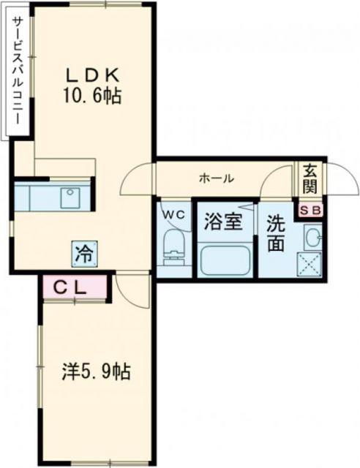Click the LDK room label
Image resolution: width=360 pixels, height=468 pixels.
point(93,75)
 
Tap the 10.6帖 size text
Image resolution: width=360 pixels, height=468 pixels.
point(91,96)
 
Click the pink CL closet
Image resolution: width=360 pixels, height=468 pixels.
point(75,286)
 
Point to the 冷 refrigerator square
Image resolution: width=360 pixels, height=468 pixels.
point(84,254)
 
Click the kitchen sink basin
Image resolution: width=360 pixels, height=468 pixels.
point(70,198)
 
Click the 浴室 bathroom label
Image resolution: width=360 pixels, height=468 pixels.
point(223,222)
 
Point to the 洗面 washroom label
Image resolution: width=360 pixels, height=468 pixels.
point(276,236)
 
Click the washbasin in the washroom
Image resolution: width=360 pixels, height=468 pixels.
point(312,237)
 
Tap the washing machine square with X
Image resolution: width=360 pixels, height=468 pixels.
point(310,265)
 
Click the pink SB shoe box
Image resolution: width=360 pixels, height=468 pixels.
point(311,211)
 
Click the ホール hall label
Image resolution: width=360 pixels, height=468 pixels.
point(217,178)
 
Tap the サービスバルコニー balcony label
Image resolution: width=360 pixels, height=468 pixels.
point(16,71)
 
